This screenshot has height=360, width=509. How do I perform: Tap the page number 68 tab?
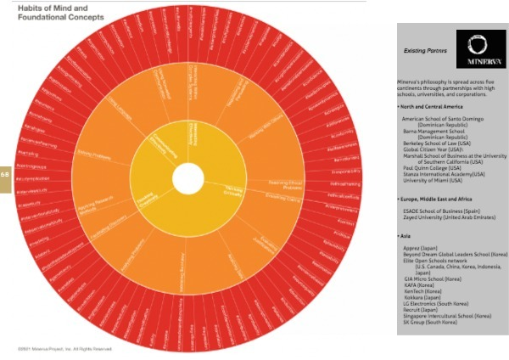(x=5, y=174)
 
